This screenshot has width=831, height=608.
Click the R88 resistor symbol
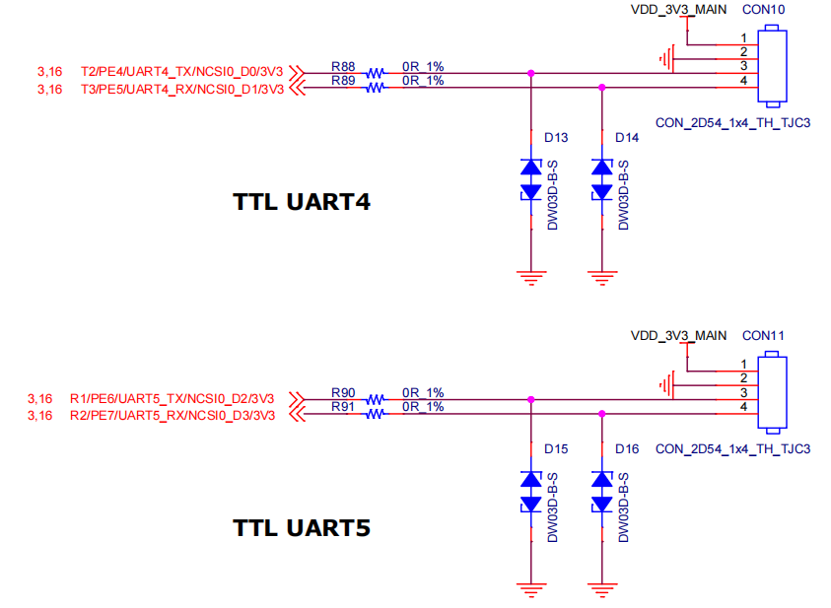(x=376, y=73)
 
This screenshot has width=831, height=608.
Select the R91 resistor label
(x=343, y=405)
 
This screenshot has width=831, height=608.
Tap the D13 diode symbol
(x=531, y=179)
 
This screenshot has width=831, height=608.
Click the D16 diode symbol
(x=600, y=492)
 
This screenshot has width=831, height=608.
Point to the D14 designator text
(x=627, y=138)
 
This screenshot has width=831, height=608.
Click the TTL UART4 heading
(x=302, y=203)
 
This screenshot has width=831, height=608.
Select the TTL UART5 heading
(x=302, y=527)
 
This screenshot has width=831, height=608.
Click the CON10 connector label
(x=763, y=10)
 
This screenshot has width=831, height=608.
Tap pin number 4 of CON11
(x=743, y=407)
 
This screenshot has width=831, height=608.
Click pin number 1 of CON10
(x=743, y=38)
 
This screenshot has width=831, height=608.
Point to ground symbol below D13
(x=531, y=277)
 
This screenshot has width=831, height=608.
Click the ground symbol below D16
(x=600, y=590)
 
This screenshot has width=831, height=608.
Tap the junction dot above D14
(x=600, y=87)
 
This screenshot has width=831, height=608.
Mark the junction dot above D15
(x=531, y=399)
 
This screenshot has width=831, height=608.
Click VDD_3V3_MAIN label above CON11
(x=678, y=336)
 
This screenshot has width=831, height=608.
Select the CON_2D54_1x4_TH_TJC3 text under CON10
(x=731, y=124)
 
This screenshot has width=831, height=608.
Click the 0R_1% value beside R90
(x=423, y=392)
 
